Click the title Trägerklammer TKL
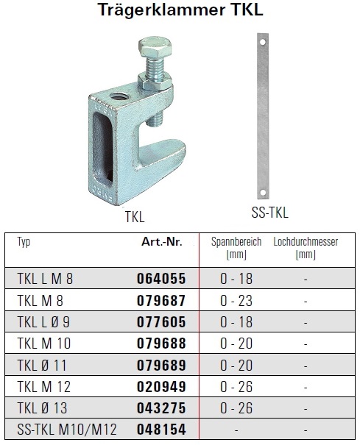[x=180, y=10]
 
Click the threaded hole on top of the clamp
[x=119, y=98]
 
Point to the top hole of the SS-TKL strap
[x=263, y=42]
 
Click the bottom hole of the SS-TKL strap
[x=263, y=193]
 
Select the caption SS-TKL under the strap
[x=270, y=213]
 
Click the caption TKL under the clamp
[x=135, y=217]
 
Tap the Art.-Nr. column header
[x=162, y=242]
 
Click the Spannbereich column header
[x=236, y=247]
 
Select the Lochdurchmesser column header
[x=306, y=247]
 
